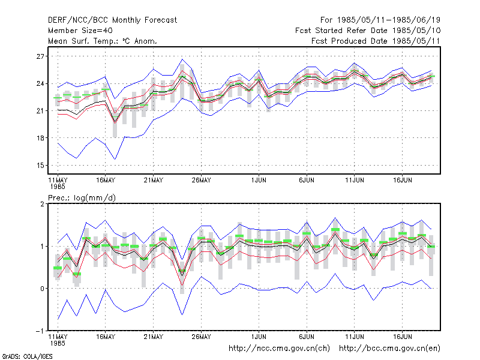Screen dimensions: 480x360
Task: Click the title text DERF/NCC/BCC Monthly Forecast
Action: point(112,20)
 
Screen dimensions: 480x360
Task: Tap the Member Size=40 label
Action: point(80,31)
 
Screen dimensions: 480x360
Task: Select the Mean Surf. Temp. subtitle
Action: point(103,41)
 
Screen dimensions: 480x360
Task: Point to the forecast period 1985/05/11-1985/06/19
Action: point(380,20)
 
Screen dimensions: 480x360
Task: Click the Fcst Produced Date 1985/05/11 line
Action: point(376,41)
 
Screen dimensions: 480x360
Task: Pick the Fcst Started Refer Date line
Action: point(368,31)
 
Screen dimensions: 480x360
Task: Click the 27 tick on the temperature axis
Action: point(40,56)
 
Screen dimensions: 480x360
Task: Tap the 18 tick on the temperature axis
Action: point(40,138)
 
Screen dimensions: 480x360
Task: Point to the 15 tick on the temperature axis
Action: point(40,166)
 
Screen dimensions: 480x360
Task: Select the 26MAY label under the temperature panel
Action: point(201,181)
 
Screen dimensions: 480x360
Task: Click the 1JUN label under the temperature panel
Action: point(259,181)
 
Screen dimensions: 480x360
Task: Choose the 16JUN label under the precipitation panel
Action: point(402,337)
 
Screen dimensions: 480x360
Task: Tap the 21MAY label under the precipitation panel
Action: point(154,337)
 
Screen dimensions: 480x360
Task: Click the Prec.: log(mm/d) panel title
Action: point(82,198)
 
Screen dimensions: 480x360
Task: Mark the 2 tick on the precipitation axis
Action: point(42,204)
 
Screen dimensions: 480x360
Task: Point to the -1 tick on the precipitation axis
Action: point(40,331)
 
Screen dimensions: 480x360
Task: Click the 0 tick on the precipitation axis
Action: point(42,289)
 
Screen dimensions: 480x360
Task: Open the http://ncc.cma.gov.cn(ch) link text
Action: point(279,349)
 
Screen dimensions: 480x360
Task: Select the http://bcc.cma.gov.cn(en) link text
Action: point(389,349)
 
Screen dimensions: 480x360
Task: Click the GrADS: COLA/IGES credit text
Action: point(27,356)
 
